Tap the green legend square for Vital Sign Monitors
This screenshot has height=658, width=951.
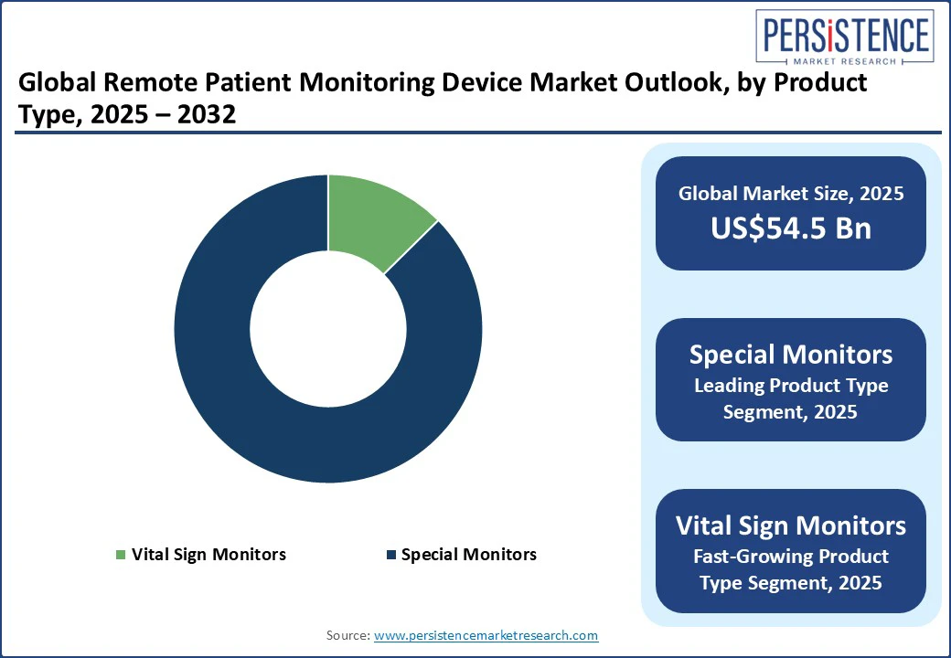[121, 555]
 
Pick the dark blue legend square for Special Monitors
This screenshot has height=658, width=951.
[391, 555]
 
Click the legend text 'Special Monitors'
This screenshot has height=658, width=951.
[469, 555]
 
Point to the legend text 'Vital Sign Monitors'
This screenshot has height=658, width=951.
[208, 555]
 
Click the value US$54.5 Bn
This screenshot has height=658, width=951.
[791, 228]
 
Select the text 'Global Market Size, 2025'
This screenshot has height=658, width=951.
[791, 193]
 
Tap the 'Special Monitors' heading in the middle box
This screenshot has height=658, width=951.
[791, 355]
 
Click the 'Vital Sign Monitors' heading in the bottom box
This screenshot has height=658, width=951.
[791, 525]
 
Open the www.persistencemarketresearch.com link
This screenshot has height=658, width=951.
[486, 635]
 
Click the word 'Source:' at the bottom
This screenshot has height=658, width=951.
[348, 635]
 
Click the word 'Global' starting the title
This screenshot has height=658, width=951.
[56, 84]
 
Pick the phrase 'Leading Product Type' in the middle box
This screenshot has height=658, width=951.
[791, 386]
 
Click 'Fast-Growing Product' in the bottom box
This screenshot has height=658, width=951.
[791, 556]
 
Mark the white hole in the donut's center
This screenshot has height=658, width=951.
[328, 329]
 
